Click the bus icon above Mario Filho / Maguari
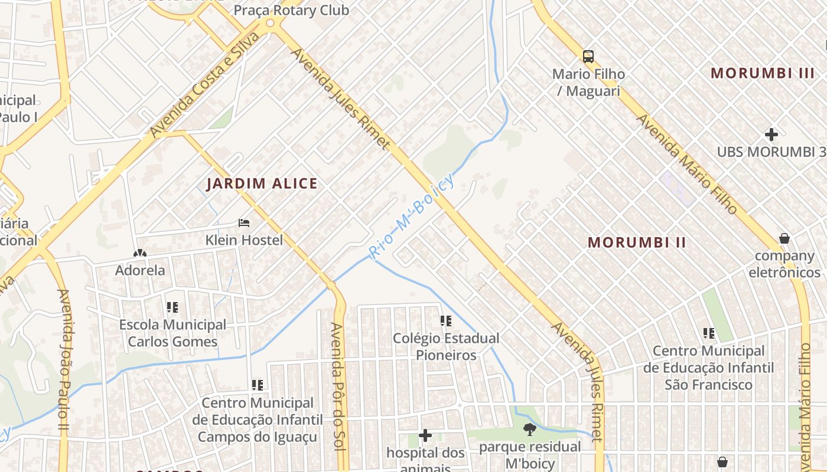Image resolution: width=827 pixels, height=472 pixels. (x=588, y=57)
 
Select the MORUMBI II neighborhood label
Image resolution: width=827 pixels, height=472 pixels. (x=637, y=242)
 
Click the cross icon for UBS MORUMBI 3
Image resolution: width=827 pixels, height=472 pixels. (x=771, y=134)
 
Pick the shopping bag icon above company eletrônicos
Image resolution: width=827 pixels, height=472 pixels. (x=784, y=238)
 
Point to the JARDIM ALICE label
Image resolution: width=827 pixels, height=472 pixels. (x=262, y=183)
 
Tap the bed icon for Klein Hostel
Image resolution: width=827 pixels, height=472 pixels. (x=244, y=223)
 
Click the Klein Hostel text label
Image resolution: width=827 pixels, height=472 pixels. (x=244, y=240)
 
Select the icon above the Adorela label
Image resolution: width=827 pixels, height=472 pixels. (x=140, y=253)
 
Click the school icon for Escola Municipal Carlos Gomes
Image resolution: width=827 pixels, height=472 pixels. (x=172, y=307)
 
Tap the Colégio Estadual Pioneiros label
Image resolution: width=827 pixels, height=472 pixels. (x=446, y=347)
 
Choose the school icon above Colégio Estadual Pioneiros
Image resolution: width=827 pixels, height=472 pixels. (x=446, y=321)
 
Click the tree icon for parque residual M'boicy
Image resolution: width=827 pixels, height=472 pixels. (x=530, y=429)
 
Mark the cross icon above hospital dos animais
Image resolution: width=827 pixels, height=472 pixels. (x=425, y=436)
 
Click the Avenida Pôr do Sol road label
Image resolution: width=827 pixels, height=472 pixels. (x=337, y=386)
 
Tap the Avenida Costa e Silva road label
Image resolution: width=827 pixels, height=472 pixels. (x=204, y=85)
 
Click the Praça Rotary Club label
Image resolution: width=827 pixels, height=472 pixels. (x=291, y=10)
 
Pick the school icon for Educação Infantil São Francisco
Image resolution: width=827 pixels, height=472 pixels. (x=709, y=333)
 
